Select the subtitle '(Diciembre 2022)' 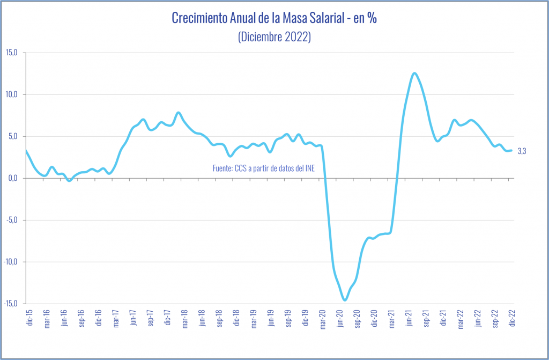274,38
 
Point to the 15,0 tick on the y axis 12,53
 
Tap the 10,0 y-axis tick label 12,94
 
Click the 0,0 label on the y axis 13,178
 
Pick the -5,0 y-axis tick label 12,220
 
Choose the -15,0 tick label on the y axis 11,304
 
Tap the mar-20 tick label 322,318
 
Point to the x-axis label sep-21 427,318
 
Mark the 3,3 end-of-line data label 522,151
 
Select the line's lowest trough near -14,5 345,300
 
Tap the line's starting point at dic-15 27,151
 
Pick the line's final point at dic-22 511,151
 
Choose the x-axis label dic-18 236,318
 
